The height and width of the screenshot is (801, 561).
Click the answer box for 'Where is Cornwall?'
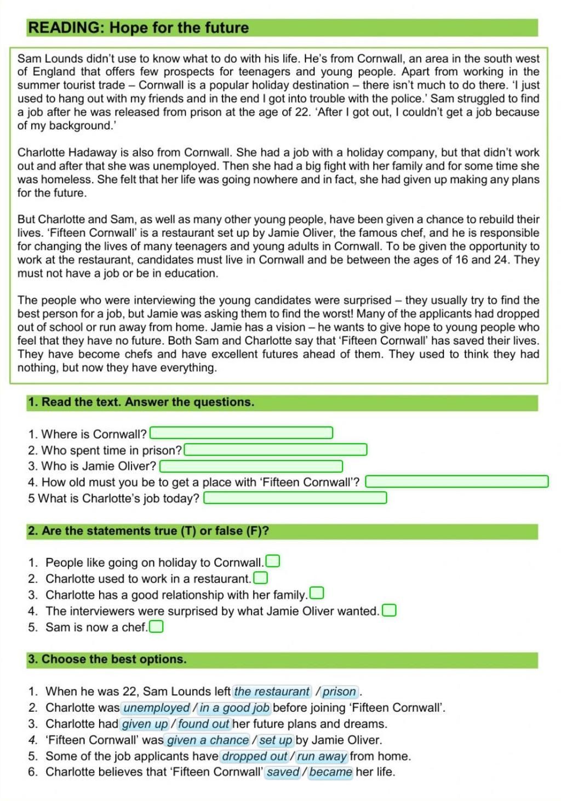[x=241, y=433]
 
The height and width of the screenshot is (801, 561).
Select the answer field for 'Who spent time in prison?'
[x=275, y=450]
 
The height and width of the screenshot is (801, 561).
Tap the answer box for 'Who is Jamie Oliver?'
[x=251, y=467]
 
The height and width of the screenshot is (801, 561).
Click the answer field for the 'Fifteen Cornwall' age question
[x=456, y=482]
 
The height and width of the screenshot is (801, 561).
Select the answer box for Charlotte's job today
[x=295, y=498]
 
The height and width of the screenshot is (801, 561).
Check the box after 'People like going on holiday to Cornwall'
[x=273, y=561]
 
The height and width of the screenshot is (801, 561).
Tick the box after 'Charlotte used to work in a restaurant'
[x=261, y=578]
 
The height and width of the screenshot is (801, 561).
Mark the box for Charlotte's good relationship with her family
[x=317, y=594]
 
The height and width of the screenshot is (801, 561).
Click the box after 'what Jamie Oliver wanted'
[x=389, y=610]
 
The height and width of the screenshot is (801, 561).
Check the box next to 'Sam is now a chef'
[x=157, y=626]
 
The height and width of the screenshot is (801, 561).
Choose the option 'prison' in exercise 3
[x=340, y=691]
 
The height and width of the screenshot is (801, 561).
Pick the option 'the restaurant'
[x=272, y=691]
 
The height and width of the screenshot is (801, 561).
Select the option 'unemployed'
[x=156, y=708]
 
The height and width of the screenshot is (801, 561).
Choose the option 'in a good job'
[x=234, y=708]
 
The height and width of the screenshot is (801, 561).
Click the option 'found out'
[x=203, y=724]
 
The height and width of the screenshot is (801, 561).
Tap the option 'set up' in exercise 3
[x=276, y=740]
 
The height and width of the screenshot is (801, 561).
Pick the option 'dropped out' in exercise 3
[x=255, y=756]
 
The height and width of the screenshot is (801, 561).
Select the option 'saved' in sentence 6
[x=283, y=772]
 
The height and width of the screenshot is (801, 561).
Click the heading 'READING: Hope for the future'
[x=139, y=28]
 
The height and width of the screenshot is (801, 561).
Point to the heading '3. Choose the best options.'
[x=107, y=659]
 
